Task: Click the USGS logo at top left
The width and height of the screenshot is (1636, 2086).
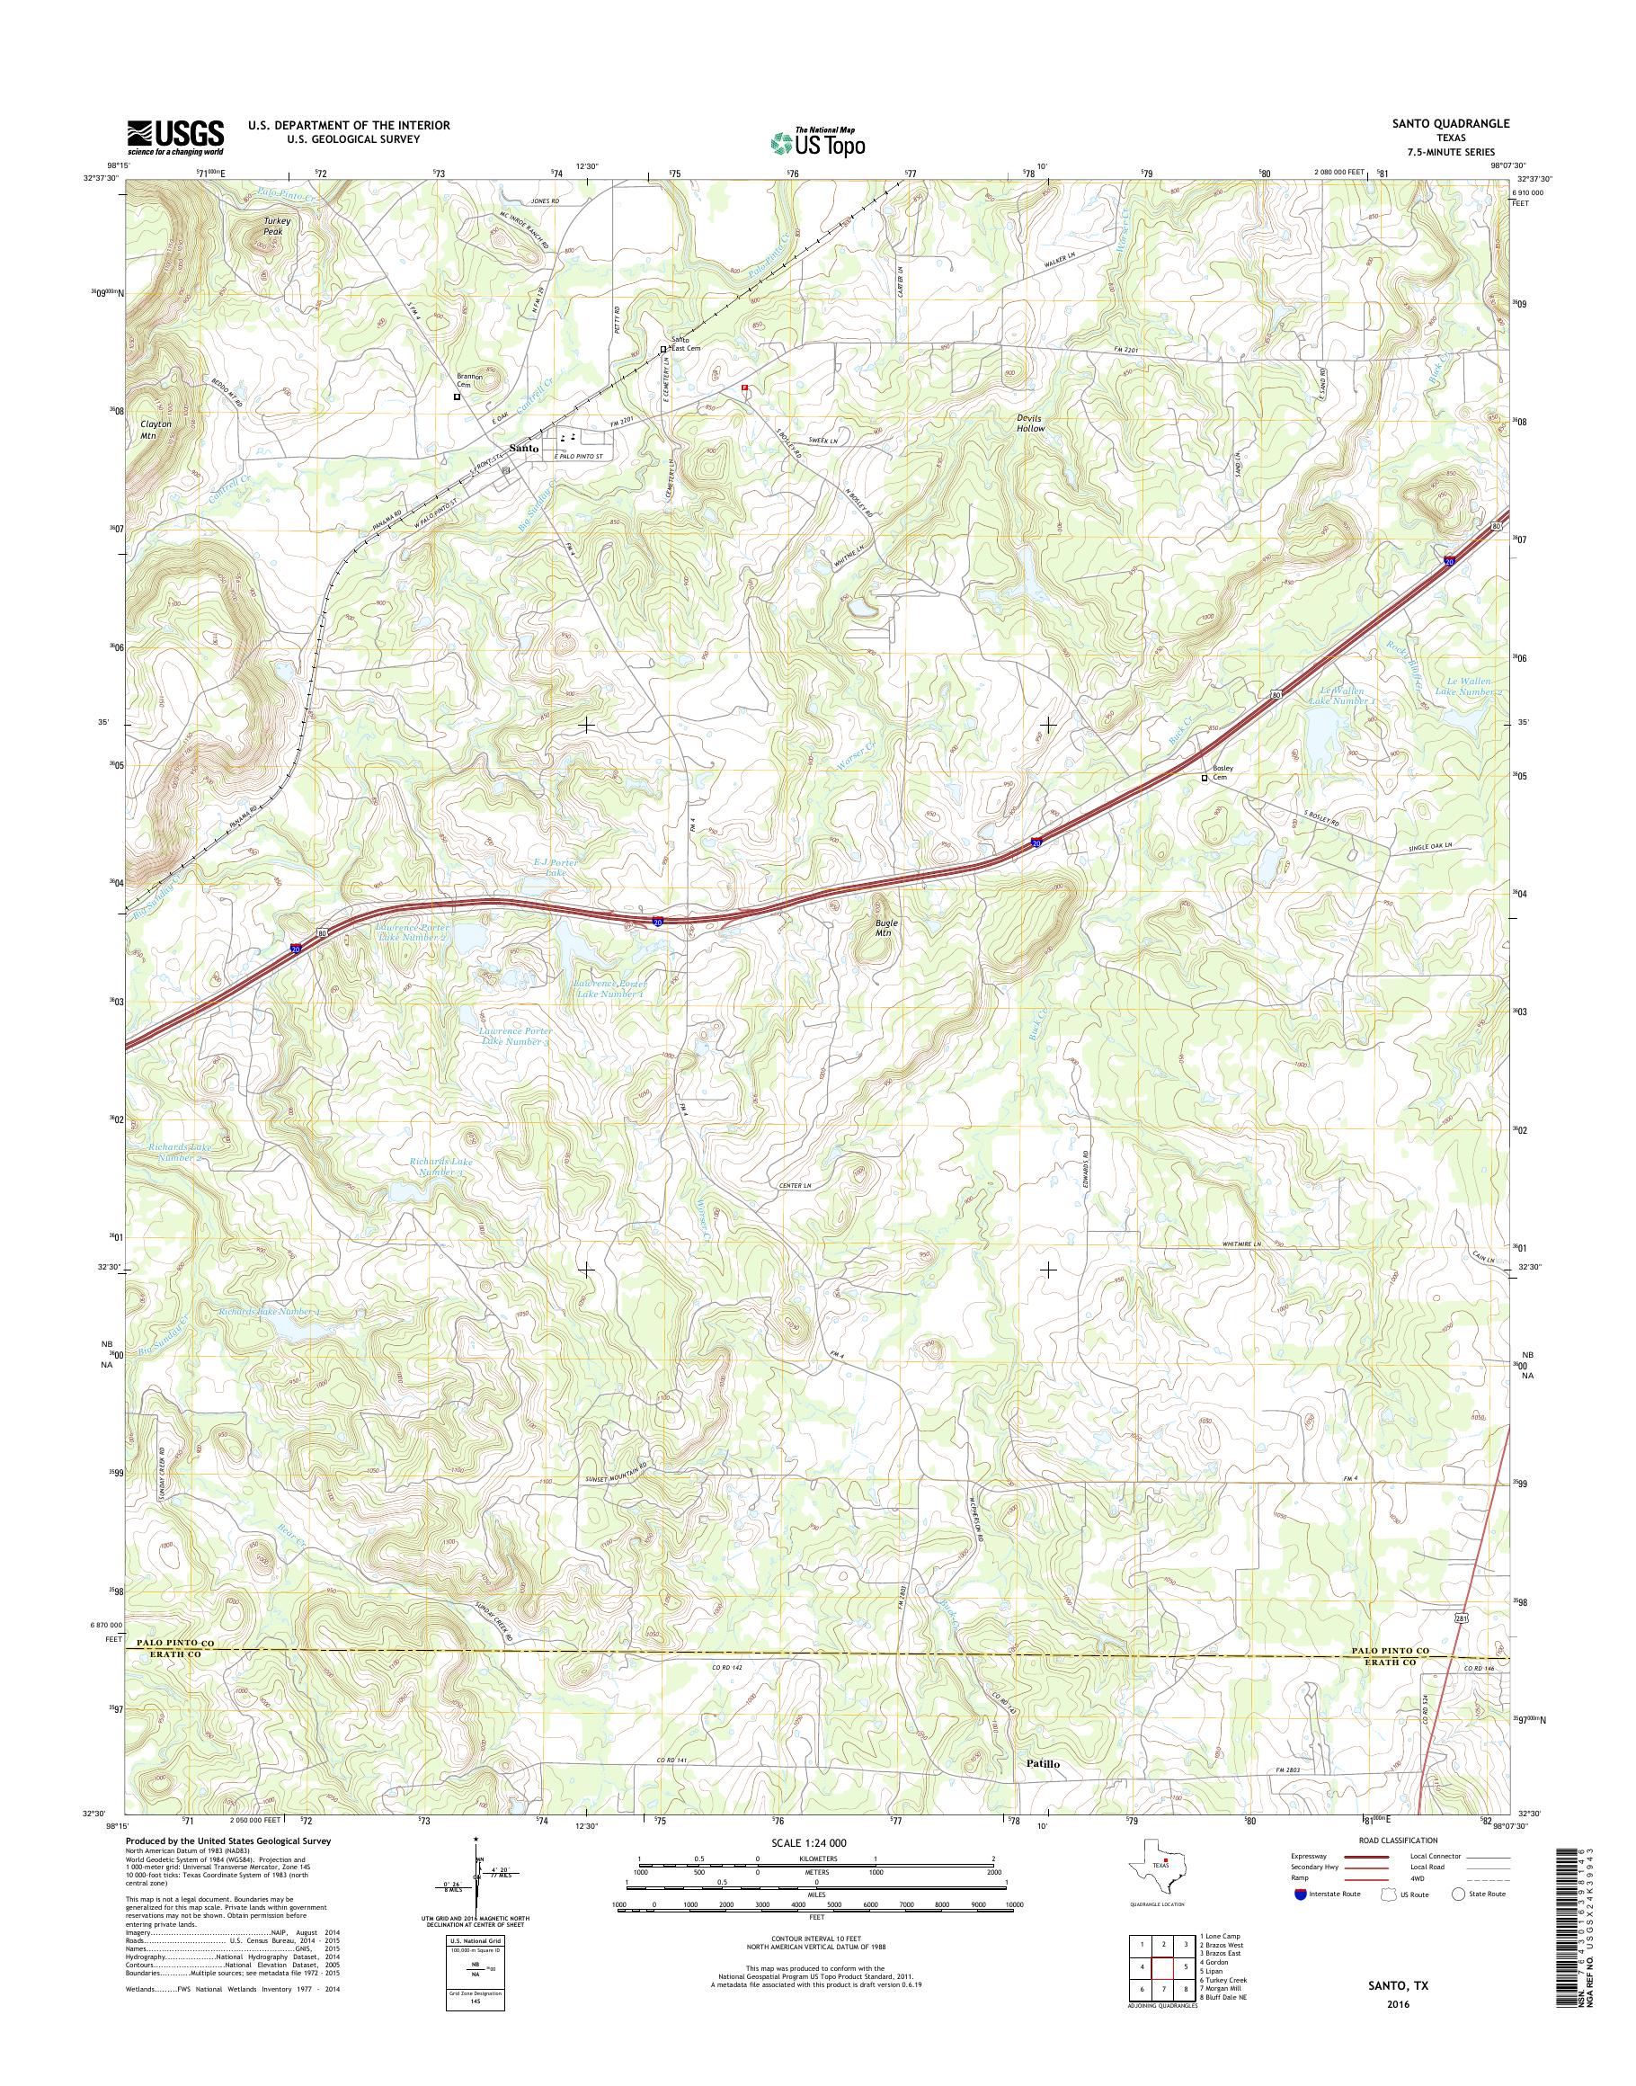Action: (x=176, y=137)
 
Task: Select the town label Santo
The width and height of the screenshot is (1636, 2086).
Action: (x=523, y=448)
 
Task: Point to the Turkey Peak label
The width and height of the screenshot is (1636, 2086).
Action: (x=277, y=227)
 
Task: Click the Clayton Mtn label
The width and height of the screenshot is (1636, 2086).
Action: (x=156, y=427)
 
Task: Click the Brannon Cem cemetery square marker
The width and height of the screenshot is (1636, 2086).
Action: (x=457, y=396)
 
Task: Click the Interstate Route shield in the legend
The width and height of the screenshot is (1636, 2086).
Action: (x=1300, y=1894)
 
